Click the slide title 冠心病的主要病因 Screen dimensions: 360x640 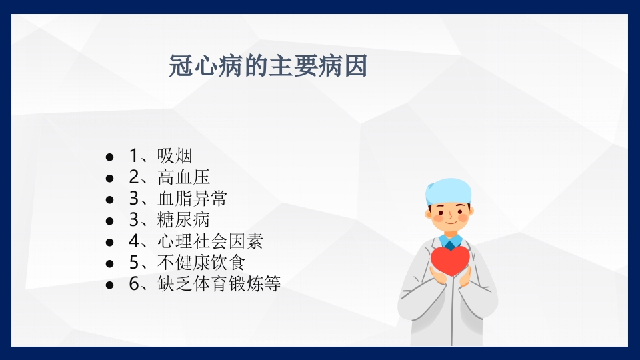(x=268, y=67)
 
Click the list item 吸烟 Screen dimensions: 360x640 (x=175, y=156)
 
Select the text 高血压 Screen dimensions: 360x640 (x=183, y=177)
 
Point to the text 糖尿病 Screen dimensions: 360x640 (x=183, y=220)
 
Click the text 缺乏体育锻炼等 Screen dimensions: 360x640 (x=219, y=284)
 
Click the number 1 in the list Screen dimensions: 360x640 (x=133, y=156)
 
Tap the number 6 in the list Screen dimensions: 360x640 (x=133, y=284)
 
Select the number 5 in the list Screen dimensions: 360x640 (x=133, y=263)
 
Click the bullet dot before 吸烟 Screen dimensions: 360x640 (x=110, y=157)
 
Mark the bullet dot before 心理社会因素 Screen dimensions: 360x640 (x=110, y=242)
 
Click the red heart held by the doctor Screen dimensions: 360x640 (x=450, y=260)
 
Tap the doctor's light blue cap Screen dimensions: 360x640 (x=449, y=190)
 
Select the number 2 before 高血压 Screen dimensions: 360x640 (x=133, y=177)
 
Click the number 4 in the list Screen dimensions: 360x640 (x=133, y=241)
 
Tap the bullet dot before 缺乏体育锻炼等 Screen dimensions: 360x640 (x=110, y=285)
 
